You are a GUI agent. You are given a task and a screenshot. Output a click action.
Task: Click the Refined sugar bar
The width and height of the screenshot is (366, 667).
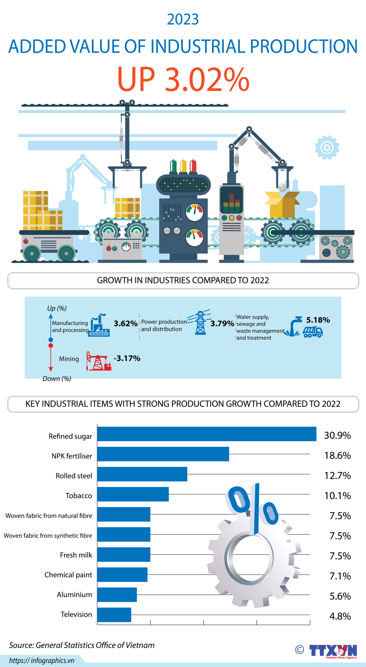pos(206,434)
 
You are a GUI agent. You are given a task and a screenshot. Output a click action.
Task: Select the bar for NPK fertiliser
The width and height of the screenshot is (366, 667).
pos(163,454)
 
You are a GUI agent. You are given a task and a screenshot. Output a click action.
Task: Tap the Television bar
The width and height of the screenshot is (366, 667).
pos(114,615)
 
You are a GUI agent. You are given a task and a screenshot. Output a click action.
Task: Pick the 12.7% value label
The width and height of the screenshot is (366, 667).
pos(337,476)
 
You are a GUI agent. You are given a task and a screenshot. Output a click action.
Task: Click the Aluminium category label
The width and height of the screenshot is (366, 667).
pos(74,594)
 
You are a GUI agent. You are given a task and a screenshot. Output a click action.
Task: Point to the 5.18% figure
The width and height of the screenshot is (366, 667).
pos(318,320)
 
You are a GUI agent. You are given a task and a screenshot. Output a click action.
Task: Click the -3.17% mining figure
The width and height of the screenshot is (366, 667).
pos(127,358)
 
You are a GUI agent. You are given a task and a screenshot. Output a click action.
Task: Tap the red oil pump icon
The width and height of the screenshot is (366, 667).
pos(98,361)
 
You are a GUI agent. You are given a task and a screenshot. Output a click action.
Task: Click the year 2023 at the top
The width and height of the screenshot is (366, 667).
pos(183,19)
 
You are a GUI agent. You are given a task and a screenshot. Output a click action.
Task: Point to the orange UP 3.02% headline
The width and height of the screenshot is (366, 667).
pos(183,79)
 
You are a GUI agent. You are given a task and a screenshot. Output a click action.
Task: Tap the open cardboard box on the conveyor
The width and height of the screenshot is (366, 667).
pos(282,204)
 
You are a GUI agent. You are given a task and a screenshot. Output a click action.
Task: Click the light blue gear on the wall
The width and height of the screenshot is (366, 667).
pos(327,148)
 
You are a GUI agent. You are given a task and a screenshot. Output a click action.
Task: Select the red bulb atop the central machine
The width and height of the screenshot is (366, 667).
pos(193,166)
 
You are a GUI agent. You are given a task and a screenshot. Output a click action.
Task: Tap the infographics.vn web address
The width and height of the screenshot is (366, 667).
pos(42,660)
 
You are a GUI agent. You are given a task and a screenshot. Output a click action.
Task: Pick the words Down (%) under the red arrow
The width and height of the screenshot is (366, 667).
pos(57,379)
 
